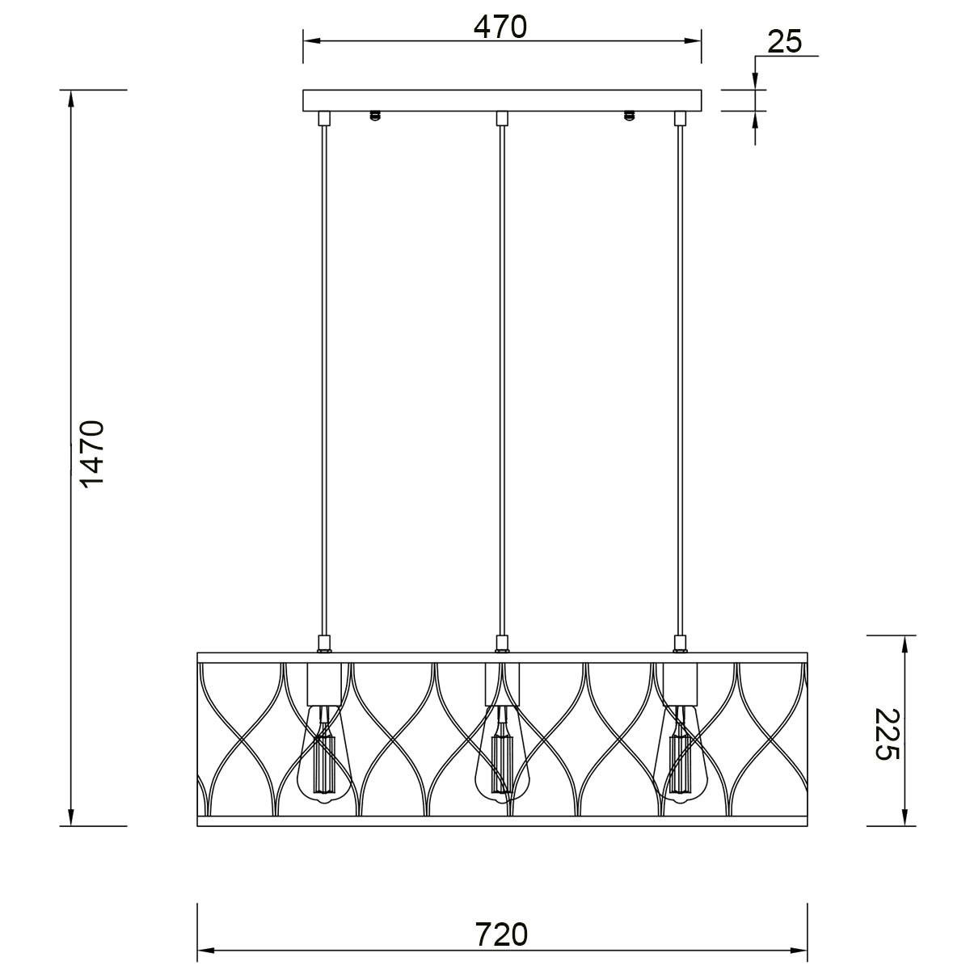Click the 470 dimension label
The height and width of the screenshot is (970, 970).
click(x=500, y=27)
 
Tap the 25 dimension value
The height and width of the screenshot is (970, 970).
click(x=784, y=42)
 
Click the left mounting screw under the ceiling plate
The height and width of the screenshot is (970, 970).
click(x=374, y=116)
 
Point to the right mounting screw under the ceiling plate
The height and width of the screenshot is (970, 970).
click(x=628, y=116)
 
